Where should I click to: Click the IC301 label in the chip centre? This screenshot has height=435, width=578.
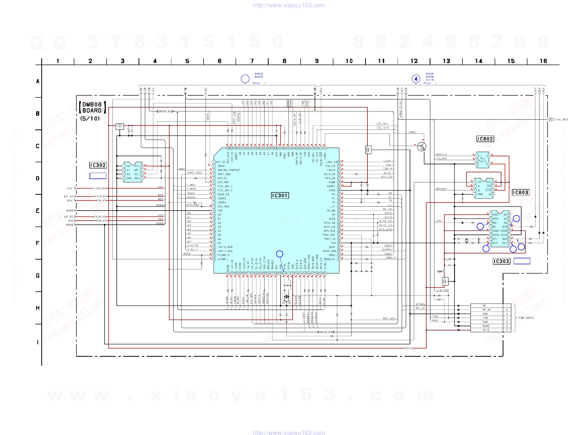[x=280, y=195]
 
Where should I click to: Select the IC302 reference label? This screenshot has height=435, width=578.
[x=98, y=165]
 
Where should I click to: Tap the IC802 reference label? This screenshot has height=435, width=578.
[x=485, y=139]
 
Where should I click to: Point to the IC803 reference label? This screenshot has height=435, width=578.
[x=520, y=192]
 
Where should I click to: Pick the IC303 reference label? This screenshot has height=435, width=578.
[x=501, y=261]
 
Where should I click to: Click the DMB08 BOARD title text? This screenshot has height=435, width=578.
[x=92, y=107]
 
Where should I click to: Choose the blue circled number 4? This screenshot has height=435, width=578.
[x=416, y=79]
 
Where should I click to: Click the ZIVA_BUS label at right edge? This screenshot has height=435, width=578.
[x=560, y=120]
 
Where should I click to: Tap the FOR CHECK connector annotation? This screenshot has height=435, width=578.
[x=526, y=318]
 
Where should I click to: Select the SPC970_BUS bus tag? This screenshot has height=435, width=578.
[x=165, y=111]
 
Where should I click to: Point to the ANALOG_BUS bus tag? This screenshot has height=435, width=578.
[x=326, y=332]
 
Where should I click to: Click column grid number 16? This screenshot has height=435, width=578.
[x=543, y=61]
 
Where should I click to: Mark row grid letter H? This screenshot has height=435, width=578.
[x=38, y=308]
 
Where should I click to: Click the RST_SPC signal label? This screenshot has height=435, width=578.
[x=389, y=318]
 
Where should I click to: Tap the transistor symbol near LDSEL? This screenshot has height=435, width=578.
[x=421, y=146]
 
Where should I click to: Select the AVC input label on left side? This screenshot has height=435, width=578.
[x=70, y=188]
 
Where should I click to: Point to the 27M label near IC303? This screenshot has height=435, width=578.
[x=439, y=221]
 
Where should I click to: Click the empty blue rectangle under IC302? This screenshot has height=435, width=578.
[x=98, y=176]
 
